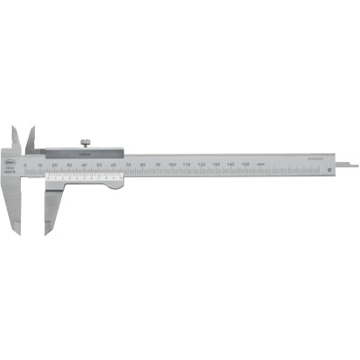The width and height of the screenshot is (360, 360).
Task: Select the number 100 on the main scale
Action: click(x=172, y=165)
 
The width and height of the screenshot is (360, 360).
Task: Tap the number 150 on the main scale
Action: click(x=245, y=166)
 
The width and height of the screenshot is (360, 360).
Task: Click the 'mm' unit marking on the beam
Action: click(x=259, y=166)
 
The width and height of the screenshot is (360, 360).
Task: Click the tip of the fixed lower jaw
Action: click(x=16, y=230)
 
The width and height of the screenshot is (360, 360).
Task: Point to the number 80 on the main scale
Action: click(x=143, y=165)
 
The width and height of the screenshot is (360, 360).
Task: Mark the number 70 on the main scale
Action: click(x=129, y=165)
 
